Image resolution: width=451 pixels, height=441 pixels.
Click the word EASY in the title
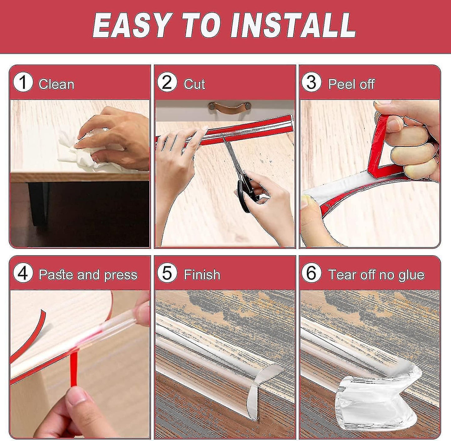131,25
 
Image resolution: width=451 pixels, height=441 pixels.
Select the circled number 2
167,83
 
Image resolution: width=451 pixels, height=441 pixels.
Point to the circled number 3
311,83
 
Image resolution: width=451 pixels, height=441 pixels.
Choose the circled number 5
167,274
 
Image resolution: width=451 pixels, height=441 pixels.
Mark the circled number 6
311,274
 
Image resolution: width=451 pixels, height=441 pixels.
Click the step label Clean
56,84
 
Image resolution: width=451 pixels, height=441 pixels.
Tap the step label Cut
194,84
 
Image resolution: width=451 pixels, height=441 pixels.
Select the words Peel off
351,84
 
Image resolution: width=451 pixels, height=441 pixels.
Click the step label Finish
202,275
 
